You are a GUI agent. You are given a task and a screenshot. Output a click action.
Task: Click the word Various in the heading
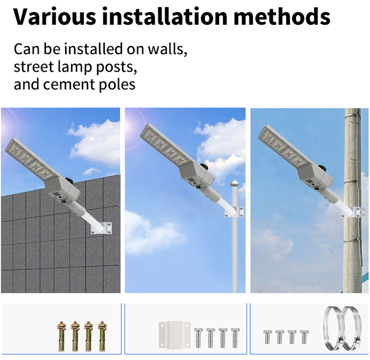55,16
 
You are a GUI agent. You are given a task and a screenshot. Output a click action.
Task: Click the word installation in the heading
165,16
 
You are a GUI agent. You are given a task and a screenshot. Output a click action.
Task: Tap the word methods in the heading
282,16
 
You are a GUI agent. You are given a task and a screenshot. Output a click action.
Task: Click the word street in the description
34,67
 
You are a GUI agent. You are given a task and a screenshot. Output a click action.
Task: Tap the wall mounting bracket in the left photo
102,228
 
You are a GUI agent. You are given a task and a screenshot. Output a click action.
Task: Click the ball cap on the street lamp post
234,184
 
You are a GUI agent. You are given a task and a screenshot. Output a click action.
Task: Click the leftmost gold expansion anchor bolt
62,336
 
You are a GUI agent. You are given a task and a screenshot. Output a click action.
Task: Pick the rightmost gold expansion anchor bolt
102,336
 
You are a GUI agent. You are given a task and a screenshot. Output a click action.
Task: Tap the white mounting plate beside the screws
175,335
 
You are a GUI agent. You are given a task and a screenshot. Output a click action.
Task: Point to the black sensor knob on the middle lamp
204,166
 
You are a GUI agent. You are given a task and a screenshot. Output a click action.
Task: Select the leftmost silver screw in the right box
267,337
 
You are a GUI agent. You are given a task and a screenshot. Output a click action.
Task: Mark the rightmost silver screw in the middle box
235,338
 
